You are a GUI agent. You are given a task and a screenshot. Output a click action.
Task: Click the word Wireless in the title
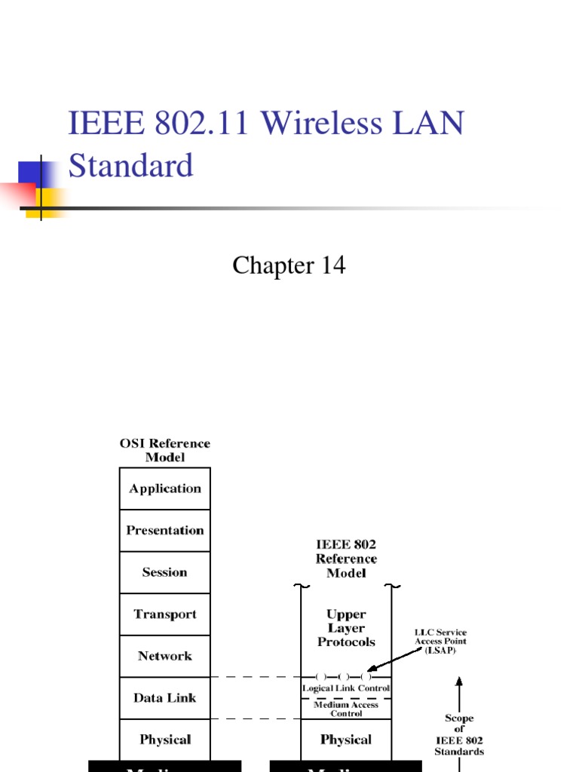click(317, 123)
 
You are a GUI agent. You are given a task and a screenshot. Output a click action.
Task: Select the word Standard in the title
click(130, 165)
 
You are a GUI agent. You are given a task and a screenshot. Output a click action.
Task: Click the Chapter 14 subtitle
click(289, 265)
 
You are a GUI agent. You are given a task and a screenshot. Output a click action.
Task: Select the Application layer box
click(165, 489)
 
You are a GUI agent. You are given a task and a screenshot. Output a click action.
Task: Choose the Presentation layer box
click(165, 531)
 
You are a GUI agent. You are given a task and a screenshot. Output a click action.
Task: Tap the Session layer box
click(165, 572)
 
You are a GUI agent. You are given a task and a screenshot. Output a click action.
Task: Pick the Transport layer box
click(165, 614)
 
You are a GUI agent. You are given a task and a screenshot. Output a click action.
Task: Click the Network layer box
click(165, 656)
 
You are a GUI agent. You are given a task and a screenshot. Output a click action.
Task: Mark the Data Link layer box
click(165, 698)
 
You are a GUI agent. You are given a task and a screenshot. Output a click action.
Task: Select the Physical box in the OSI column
click(165, 740)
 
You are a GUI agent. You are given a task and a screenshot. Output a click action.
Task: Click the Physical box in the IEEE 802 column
click(346, 740)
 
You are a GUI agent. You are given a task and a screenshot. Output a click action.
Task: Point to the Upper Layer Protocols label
click(346, 628)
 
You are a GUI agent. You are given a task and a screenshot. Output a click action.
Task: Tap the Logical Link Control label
click(346, 689)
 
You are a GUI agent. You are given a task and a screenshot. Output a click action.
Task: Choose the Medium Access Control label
click(346, 709)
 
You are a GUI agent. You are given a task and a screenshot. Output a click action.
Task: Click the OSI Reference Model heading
click(165, 450)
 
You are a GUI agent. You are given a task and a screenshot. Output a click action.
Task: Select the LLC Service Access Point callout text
click(440, 641)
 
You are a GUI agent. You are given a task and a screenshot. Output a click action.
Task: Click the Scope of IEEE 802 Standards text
click(459, 735)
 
